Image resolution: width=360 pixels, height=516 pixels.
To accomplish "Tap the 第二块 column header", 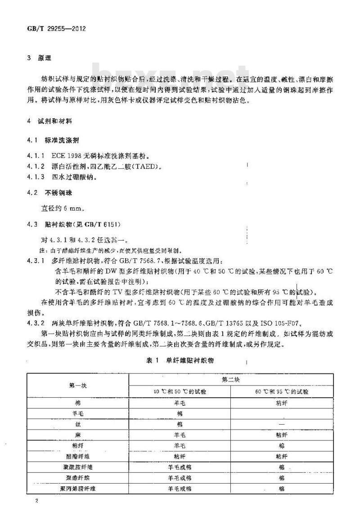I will [231, 379].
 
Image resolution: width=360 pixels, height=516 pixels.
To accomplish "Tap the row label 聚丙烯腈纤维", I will [78, 488].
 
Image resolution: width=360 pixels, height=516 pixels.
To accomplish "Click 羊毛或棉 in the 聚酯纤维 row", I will [180, 477].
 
